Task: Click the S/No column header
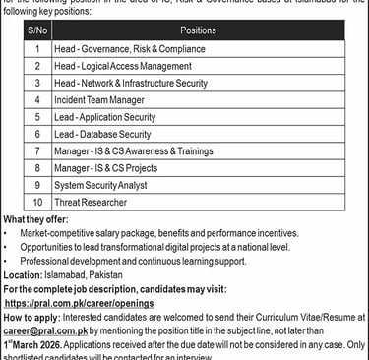36,30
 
